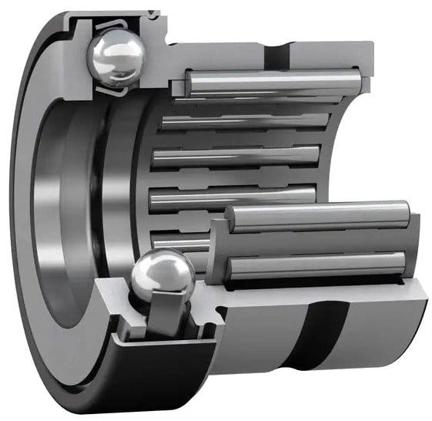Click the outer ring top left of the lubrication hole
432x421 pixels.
[x=231, y=42]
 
